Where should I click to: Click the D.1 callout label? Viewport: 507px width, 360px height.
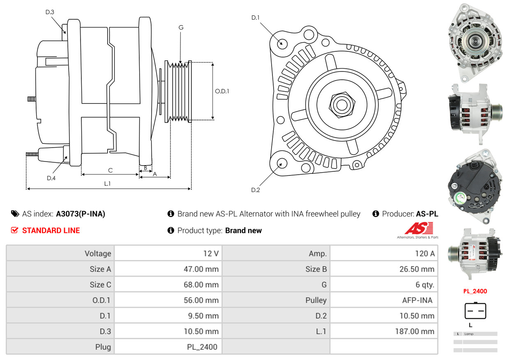click(x=256, y=18)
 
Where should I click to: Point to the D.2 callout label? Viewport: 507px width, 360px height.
click(x=256, y=190)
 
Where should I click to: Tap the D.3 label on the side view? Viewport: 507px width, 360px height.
click(x=50, y=12)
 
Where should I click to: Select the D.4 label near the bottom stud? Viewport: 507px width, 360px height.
click(x=51, y=178)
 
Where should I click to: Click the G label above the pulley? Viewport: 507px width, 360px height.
click(x=181, y=28)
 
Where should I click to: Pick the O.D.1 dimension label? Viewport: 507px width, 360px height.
click(x=222, y=91)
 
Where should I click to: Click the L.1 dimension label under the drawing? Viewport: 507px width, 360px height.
click(x=107, y=184)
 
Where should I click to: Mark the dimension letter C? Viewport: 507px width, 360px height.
click(x=110, y=170)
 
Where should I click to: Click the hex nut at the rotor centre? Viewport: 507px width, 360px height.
click(x=341, y=104)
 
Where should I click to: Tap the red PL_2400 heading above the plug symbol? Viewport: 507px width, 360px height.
click(x=475, y=291)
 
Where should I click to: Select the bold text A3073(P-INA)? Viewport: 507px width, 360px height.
click(x=81, y=214)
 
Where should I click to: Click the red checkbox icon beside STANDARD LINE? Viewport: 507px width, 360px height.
click(x=15, y=231)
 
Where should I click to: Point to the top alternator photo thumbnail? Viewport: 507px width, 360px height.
click(x=474, y=42)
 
